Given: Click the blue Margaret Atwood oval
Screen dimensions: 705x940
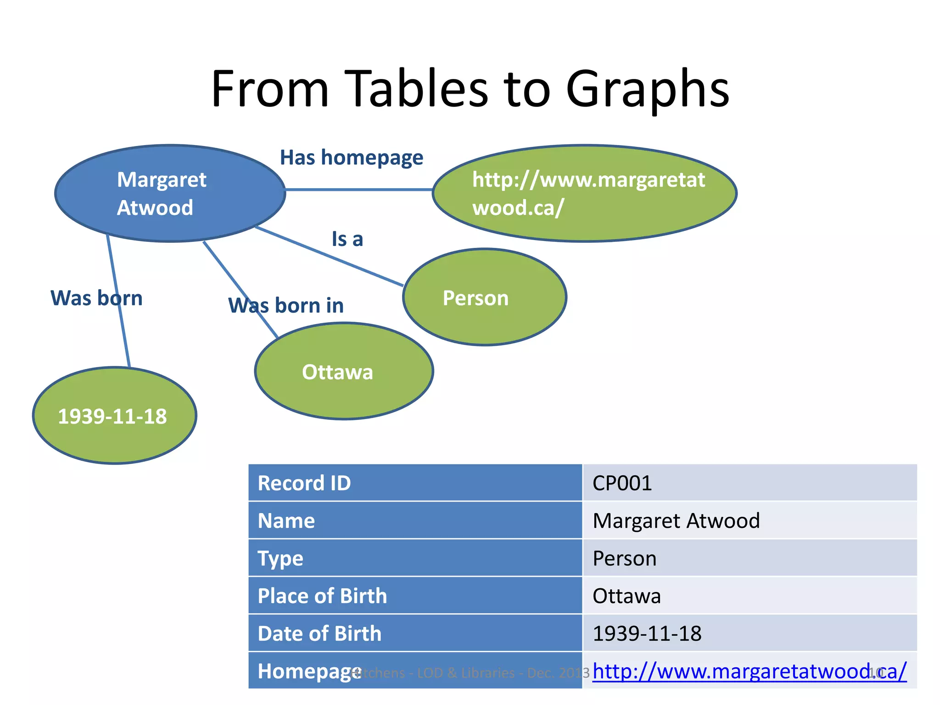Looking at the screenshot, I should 170,193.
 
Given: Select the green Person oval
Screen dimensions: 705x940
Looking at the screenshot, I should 484,297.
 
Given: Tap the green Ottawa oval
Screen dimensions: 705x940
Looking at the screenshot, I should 344,371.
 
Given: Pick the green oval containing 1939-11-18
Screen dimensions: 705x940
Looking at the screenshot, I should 114,416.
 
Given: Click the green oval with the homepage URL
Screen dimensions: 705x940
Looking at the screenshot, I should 584,193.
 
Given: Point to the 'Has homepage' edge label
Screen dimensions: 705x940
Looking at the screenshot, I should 351,158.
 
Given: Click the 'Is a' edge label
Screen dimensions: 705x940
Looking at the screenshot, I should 347,239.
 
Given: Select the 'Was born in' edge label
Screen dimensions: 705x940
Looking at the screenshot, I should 286,306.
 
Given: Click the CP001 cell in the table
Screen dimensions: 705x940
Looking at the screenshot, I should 622,483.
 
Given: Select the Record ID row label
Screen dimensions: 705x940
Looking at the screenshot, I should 304,483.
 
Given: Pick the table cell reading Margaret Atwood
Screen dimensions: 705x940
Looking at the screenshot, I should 676,521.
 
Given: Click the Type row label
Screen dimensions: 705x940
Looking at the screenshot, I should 280,559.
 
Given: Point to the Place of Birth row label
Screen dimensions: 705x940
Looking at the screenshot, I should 322,596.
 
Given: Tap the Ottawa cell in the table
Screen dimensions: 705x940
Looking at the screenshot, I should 627,596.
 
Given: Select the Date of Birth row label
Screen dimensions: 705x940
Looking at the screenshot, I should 319,634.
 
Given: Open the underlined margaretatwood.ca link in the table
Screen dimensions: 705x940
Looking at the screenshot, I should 749,671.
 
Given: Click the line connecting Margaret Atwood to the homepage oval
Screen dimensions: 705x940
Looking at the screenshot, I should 358,189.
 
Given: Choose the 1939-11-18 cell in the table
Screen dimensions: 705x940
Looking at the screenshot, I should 647,634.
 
